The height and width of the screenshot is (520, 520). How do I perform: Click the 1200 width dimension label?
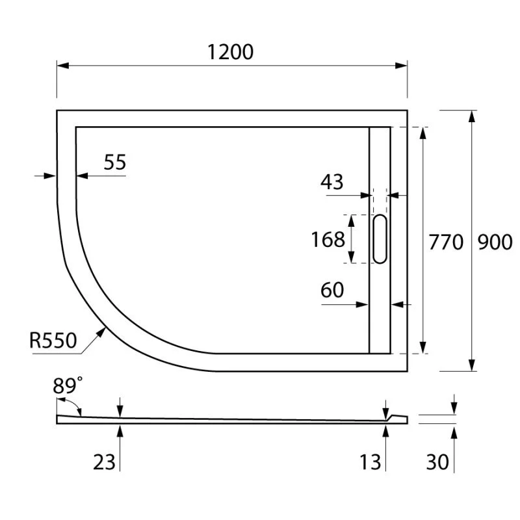pyautogui.click(x=230, y=51)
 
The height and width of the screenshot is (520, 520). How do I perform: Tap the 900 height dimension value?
pyautogui.click(x=495, y=242)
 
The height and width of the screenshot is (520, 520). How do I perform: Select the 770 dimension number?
pyautogui.click(x=446, y=242)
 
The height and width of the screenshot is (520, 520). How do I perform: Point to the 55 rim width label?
pyautogui.click(x=114, y=162)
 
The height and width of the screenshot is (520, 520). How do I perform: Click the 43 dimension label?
pyautogui.click(x=331, y=182)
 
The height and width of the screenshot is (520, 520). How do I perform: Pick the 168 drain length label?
pyautogui.click(x=328, y=240)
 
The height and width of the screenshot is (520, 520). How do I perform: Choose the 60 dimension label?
pyautogui.click(x=332, y=290)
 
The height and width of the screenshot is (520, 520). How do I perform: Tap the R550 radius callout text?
pyautogui.click(x=53, y=339)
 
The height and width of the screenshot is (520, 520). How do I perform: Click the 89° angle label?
pyautogui.click(x=68, y=385)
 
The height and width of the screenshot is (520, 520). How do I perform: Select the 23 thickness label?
pyautogui.click(x=104, y=462)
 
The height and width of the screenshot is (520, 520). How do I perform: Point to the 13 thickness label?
pyautogui.click(x=370, y=462)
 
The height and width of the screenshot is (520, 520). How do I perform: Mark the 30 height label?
pyautogui.click(x=437, y=462)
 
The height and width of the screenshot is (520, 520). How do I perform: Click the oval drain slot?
pyautogui.click(x=380, y=239)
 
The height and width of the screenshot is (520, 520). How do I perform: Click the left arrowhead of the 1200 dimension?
pyautogui.click(x=62, y=65)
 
